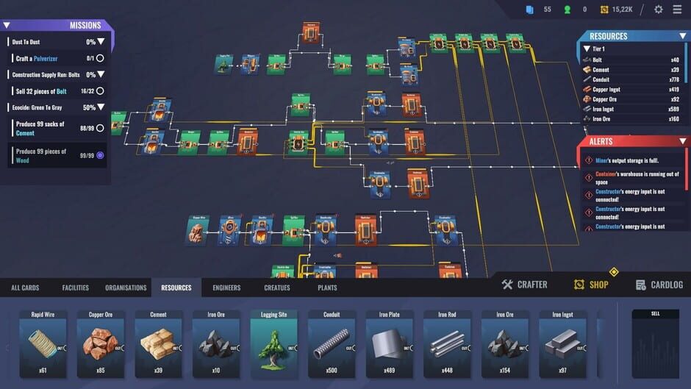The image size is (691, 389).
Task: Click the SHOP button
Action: (591, 285)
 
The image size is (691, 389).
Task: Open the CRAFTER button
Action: (525, 285)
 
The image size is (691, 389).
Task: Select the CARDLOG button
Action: (659, 285)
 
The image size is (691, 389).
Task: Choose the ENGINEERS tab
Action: (226, 288)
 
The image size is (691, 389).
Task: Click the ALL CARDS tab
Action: (25, 288)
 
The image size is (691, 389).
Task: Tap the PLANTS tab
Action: (327, 288)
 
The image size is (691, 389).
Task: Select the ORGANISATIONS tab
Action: (126, 288)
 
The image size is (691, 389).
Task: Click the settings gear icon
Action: (658, 10)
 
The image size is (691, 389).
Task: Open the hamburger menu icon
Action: (677, 10)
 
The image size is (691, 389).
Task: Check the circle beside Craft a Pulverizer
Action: (100, 58)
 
